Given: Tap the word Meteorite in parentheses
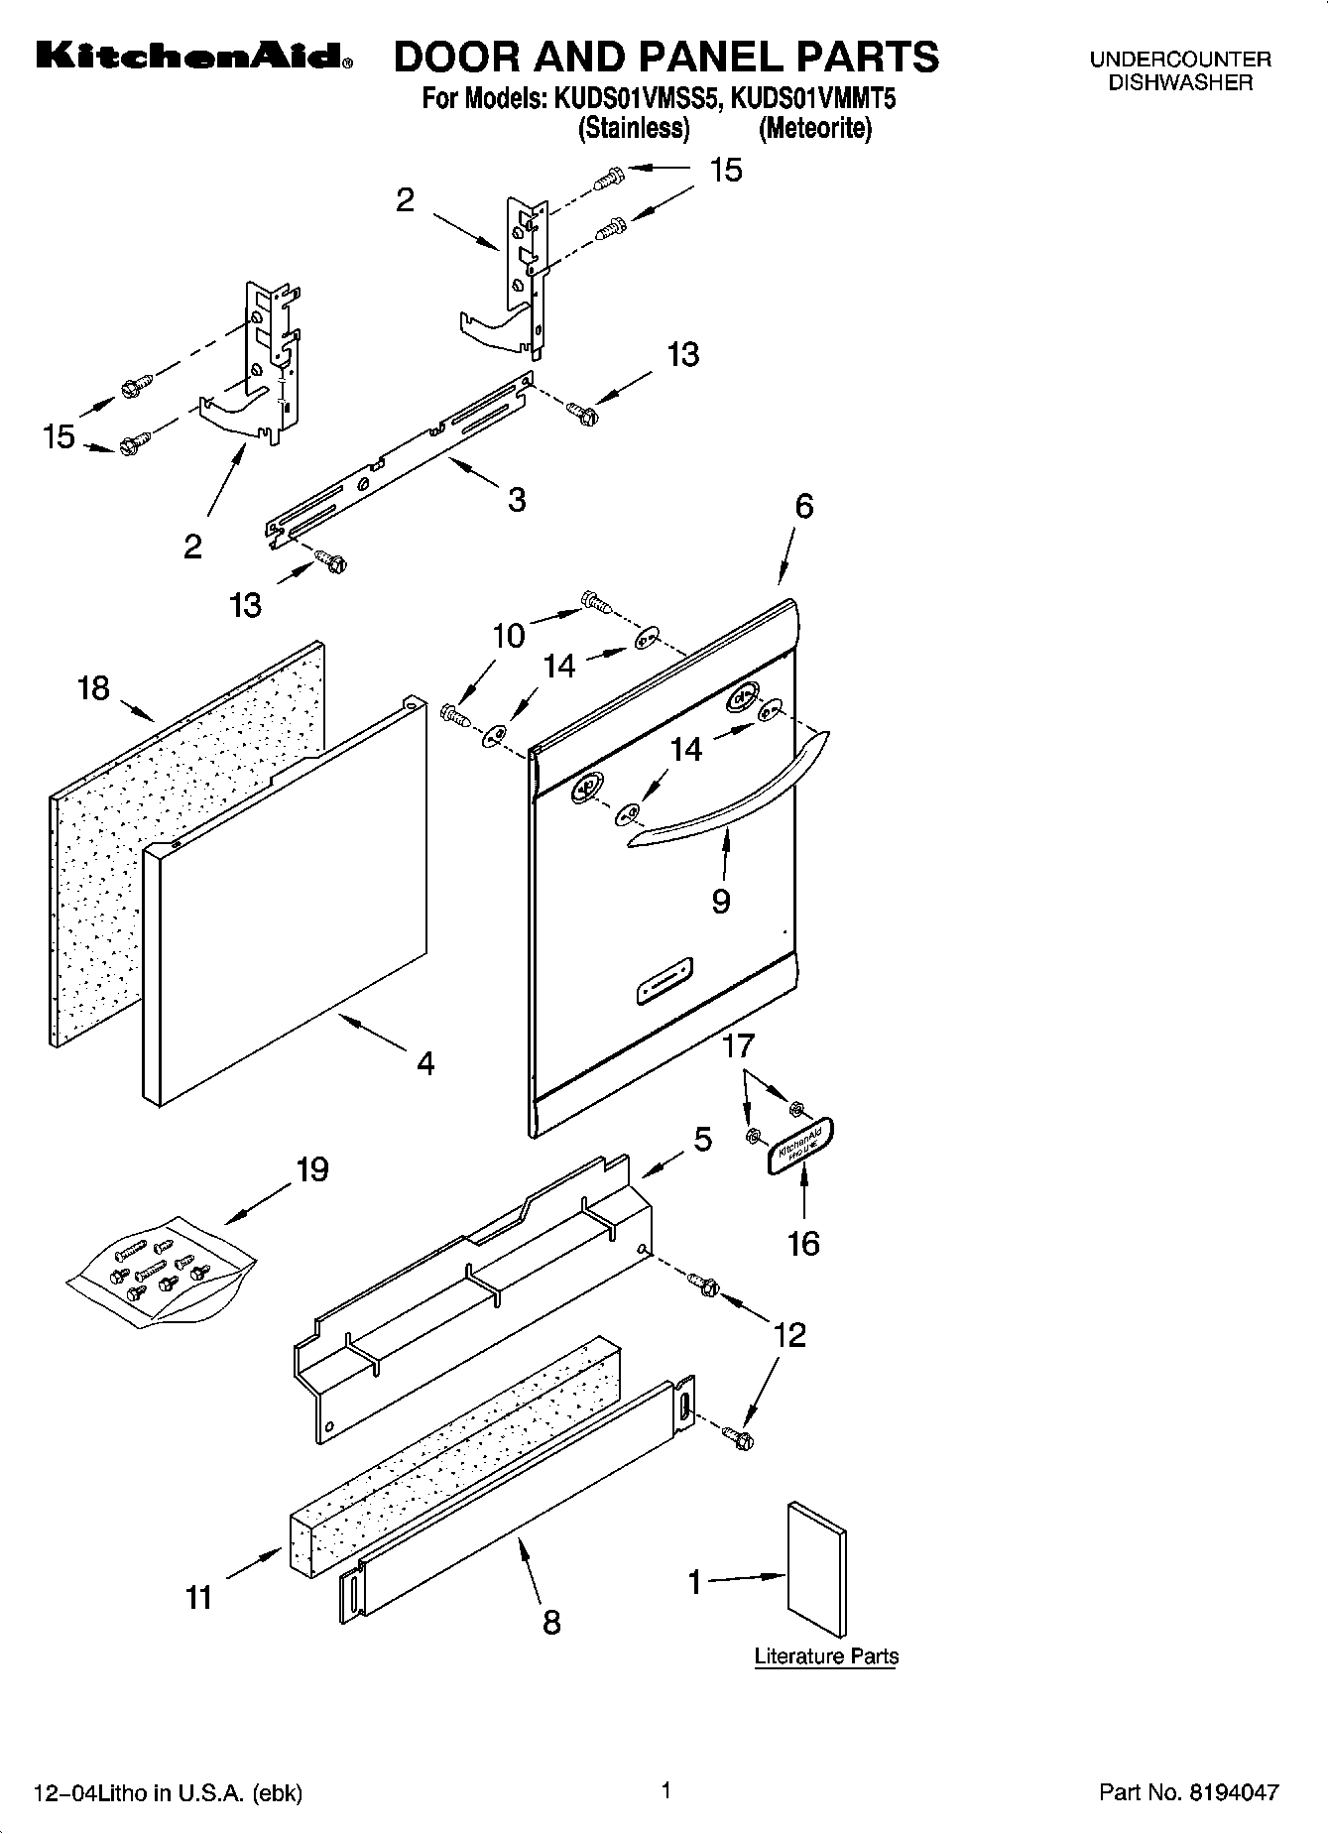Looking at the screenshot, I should [814, 128].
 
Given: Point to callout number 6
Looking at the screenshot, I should [803, 507].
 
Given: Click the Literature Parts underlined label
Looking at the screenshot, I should [826, 1656].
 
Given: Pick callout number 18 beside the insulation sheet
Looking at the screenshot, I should [93, 688].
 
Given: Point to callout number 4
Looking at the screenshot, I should [425, 1064].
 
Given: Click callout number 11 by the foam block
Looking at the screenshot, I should [199, 1597].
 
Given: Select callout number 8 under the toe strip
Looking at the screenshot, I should [551, 1622].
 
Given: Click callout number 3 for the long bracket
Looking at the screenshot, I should [516, 500].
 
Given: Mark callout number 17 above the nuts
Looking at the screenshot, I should [738, 1045].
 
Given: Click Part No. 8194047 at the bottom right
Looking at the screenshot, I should [1188, 1792].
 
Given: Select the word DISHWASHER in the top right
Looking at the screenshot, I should [1180, 83].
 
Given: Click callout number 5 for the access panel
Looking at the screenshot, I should [702, 1140].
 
